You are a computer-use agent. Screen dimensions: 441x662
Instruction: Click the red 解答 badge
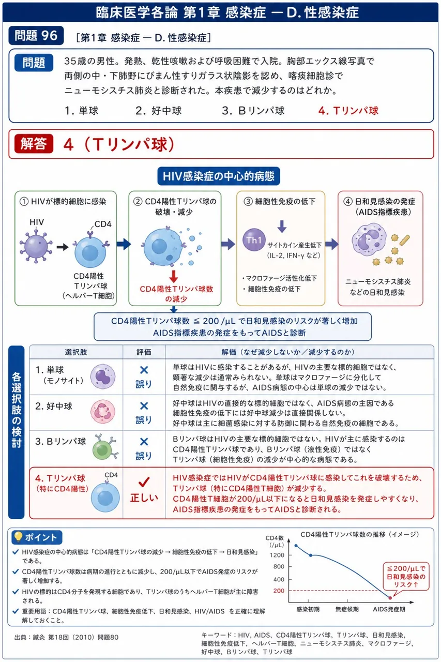point(34,144)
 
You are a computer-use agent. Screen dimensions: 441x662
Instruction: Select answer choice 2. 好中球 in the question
point(159,111)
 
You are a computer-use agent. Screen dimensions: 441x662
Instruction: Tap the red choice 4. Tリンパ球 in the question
point(348,111)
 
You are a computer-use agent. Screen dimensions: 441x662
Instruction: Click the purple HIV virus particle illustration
point(36,246)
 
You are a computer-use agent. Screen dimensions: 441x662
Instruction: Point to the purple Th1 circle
point(254,239)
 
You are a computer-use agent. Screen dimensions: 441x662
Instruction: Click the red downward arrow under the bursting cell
point(174,277)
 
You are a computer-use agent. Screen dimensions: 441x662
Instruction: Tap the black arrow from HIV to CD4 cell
point(63,247)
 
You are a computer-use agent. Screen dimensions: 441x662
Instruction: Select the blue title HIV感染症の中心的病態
point(219,176)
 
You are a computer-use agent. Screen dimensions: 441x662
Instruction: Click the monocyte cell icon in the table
point(103,377)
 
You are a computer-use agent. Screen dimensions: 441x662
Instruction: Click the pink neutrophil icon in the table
point(102,412)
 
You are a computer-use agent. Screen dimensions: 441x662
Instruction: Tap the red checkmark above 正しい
point(144,482)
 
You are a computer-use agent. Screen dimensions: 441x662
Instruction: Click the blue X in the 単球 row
point(144,370)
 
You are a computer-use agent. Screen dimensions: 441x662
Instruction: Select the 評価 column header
point(144,352)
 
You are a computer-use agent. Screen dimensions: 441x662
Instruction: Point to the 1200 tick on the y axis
point(277,555)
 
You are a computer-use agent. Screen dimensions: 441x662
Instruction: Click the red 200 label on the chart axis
point(279,591)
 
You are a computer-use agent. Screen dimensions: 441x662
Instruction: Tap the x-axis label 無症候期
point(347,609)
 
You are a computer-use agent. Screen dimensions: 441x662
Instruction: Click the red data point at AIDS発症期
point(390,598)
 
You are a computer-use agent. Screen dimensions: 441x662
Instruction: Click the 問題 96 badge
point(36,36)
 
